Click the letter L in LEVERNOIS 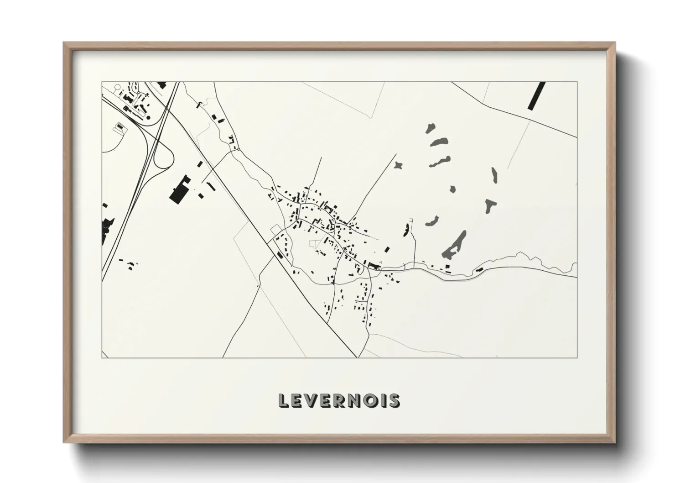pyautogui.click(x=283, y=400)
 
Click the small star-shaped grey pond pyautogui.click(x=399, y=165)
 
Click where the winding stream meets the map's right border pyautogui.click(x=576, y=263)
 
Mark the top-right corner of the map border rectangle pyautogui.click(x=577, y=82)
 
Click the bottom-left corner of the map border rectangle pyautogui.click(x=102, y=357)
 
